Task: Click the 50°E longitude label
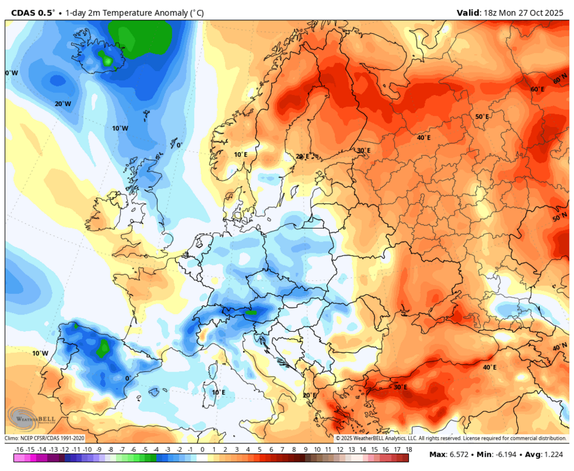(482, 117)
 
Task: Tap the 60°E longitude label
(537, 90)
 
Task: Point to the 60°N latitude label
(560, 81)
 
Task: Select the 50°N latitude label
(560, 218)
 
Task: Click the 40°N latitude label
(560, 347)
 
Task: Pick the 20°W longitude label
(63, 104)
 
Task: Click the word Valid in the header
(469, 12)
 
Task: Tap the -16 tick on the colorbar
(18, 450)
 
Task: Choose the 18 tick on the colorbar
(408, 450)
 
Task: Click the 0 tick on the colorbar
(202, 450)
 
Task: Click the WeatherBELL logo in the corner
(31, 418)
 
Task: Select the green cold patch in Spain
(103, 348)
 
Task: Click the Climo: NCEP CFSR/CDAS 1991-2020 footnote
(45, 438)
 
